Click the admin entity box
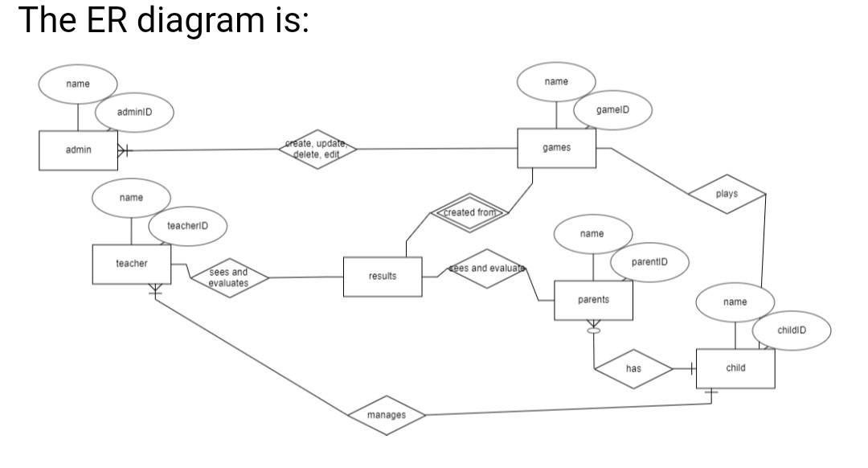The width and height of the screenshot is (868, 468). tap(78, 150)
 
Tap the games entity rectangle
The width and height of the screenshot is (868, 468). tap(556, 148)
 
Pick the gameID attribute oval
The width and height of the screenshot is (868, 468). tap(612, 109)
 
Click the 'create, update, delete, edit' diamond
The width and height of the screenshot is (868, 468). tap(317, 149)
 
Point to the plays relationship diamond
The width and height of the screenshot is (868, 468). tap(727, 195)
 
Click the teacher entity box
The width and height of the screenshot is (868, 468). tap(131, 265)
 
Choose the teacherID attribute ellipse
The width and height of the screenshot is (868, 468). tap(187, 227)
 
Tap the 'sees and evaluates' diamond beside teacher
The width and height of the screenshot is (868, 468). tap(228, 278)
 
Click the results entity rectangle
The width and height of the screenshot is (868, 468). tap(383, 277)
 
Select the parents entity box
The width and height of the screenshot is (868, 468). tap(593, 301)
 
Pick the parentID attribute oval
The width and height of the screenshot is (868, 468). tap(649, 262)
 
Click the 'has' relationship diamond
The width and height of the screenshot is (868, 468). tap(633, 369)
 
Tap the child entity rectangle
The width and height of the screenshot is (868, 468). tap(735, 368)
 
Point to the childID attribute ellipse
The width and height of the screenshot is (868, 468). tap(791, 330)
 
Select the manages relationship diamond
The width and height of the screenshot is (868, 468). tap(386, 416)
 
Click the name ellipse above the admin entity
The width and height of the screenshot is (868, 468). tap(78, 84)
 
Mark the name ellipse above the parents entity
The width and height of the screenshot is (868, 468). tap(592, 234)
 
